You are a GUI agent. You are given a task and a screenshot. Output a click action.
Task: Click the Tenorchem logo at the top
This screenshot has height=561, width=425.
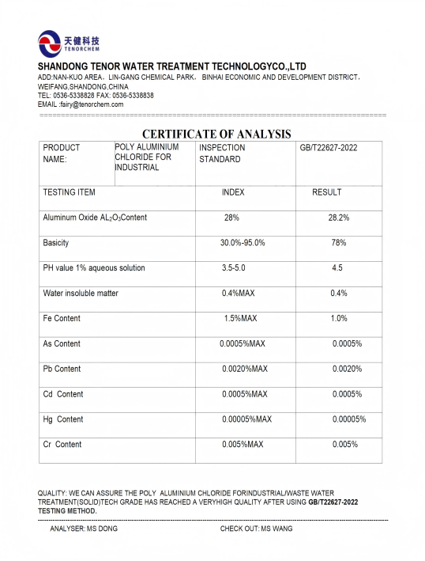(x=70, y=42)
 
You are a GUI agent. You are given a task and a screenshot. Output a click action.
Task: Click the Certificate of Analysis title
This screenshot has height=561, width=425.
(x=216, y=135)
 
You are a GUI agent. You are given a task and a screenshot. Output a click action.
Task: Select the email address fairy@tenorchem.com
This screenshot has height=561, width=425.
(x=81, y=104)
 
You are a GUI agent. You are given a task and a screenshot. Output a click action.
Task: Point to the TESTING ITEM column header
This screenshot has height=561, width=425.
(x=69, y=192)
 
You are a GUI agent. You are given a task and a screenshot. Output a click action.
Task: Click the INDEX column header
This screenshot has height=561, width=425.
(x=233, y=192)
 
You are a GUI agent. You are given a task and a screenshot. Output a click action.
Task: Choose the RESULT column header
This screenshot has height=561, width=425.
(x=326, y=192)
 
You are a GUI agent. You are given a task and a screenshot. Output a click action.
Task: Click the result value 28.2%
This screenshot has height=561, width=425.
(x=338, y=218)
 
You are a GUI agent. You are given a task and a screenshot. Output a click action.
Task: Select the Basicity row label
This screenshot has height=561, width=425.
(x=56, y=243)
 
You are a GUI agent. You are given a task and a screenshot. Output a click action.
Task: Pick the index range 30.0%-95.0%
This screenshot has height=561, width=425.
(x=242, y=243)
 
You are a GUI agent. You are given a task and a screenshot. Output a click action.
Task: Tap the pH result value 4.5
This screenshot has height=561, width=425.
(x=337, y=268)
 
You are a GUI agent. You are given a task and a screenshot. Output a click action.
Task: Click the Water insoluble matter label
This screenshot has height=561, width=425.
(x=81, y=294)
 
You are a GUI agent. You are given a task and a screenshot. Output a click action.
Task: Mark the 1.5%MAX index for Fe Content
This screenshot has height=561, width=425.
(x=241, y=319)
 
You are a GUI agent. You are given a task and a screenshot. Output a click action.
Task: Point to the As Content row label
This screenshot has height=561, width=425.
(x=62, y=344)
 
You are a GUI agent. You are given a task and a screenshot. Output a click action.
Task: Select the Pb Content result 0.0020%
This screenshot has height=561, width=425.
(x=347, y=370)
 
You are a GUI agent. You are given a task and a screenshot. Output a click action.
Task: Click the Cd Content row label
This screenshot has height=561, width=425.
(x=62, y=394)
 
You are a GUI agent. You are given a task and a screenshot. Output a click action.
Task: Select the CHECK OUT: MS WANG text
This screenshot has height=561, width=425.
(x=256, y=529)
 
